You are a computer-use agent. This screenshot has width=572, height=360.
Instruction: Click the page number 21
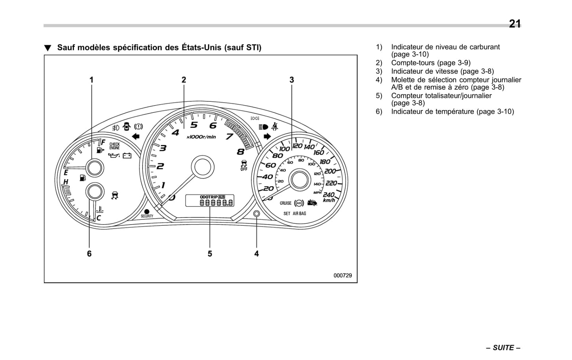click(515, 24)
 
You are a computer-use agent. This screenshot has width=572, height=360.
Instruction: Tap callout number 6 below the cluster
click(89, 253)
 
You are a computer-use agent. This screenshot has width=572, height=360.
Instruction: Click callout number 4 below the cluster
click(257, 253)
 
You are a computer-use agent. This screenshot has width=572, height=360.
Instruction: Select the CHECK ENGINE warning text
click(114, 146)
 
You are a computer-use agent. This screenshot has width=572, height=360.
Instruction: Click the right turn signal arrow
click(267, 137)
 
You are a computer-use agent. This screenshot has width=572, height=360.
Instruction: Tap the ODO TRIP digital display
click(210, 200)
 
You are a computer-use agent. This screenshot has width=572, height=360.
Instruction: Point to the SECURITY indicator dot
click(147, 211)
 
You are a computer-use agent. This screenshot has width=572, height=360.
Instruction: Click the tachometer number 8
click(240, 152)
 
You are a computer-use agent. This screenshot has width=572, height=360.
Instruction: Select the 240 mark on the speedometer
click(329, 195)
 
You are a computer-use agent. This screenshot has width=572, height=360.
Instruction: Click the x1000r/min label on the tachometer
click(201, 137)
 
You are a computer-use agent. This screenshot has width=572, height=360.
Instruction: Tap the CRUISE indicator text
click(285, 203)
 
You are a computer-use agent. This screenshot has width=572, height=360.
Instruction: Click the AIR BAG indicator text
click(299, 213)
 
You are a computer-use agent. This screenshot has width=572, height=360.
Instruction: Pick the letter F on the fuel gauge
click(103, 142)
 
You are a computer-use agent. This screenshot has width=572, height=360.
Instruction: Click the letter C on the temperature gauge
click(99, 218)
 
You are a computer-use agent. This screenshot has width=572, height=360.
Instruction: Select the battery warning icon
click(127, 156)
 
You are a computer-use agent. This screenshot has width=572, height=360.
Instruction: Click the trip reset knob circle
click(257, 214)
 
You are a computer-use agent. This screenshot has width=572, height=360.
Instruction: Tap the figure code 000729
click(342, 276)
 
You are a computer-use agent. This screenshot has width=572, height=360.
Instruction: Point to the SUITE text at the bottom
click(503, 348)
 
